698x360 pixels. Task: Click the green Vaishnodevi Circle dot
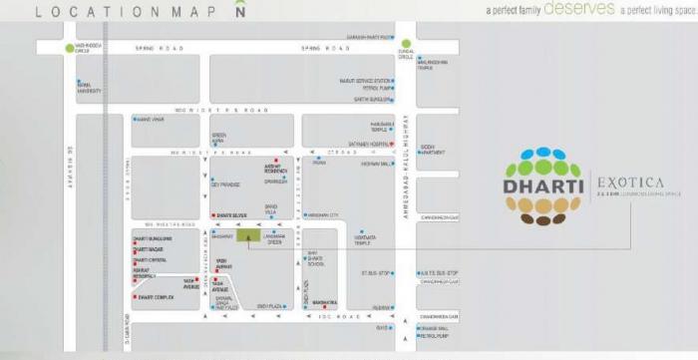click(x=69, y=47)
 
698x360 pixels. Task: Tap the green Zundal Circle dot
click(x=407, y=44)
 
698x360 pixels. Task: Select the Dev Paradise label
click(x=225, y=184)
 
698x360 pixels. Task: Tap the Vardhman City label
click(x=323, y=214)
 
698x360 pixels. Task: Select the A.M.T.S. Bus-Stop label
click(x=438, y=271)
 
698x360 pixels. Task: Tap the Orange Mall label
click(x=434, y=327)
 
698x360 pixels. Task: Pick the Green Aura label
click(x=218, y=138)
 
